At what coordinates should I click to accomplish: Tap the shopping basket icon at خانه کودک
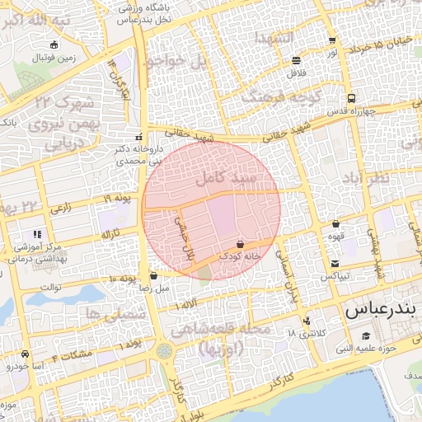pyautogui.click(x=240, y=245)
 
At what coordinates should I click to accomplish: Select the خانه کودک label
pyautogui.click(x=240, y=257)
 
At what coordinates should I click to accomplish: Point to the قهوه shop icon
pyautogui.click(x=335, y=223)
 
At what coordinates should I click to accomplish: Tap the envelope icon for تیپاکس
pyautogui.click(x=335, y=265)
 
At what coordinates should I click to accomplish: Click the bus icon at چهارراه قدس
pyautogui.click(x=352, y=97)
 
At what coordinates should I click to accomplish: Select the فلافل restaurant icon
pyautogui.click(x=296, y=60)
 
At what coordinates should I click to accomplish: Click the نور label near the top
pyautogui.click(x=332, y=53)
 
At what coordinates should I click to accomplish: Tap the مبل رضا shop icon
pyautogui.click(x=153, y=276)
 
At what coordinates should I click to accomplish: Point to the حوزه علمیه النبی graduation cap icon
pyautogui.click(x=365, y=335)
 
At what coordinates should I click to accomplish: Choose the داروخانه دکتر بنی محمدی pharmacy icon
pyautogui.click(x=138, y=138)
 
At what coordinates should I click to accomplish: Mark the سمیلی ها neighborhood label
pyautogui.click(x=114, y=314)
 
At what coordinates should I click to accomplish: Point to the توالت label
pyautogui.click(x=52, y=286)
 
